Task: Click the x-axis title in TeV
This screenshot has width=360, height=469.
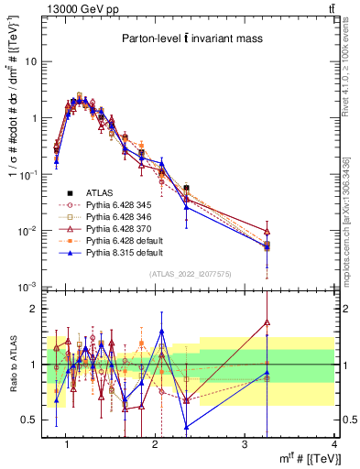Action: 292,458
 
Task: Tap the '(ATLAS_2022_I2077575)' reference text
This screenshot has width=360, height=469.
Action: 190,274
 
